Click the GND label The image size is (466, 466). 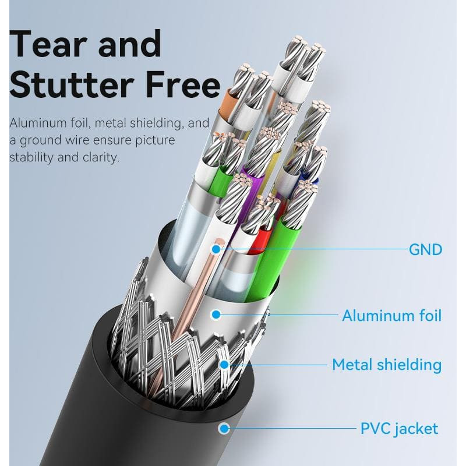[425, 250]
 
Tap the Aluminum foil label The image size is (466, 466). [391, 316]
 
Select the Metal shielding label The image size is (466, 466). [386, 365]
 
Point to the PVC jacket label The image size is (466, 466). [399, 429]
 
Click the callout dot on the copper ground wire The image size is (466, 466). [216, 249]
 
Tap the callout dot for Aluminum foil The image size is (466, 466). [216, 315]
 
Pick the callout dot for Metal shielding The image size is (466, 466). [224, 365]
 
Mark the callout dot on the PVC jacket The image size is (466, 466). [223, 429]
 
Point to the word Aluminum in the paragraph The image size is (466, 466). [36, 123]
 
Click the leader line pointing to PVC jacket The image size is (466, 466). [291, 429]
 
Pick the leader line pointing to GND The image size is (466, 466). [315, 249]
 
